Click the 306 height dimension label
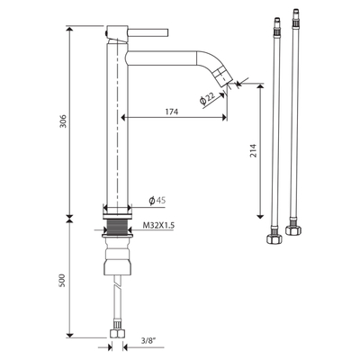63,121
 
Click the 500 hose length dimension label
63,280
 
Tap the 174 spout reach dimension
172,112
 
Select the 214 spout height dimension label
254,151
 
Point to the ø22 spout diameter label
207,98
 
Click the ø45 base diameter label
157,201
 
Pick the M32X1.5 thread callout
158,225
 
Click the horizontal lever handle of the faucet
148,32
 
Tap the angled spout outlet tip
223,77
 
